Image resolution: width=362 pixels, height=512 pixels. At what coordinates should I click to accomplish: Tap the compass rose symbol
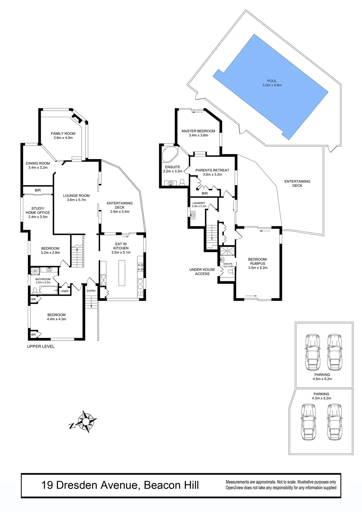click(85, 422)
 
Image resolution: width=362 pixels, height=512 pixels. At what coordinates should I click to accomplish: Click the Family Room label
click(63, 133)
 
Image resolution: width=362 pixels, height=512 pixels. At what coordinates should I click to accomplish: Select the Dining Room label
click(38, 163)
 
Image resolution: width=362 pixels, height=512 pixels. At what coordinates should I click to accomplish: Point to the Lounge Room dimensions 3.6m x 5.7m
click(76, 200)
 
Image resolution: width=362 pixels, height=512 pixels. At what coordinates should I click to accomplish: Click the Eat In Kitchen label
click(121, 246)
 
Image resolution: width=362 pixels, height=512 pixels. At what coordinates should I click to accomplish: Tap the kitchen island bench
click(122, 272)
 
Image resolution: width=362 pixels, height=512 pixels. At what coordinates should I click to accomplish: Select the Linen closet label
click(65, 291)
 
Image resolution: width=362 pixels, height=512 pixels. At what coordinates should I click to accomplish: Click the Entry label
click(91, 291)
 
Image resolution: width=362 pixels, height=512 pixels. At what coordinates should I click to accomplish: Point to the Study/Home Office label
click(38, 211)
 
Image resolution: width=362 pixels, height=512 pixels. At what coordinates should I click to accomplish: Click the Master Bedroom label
click(198, 131)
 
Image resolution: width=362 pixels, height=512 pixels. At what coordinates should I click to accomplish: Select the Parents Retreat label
click(212, 170)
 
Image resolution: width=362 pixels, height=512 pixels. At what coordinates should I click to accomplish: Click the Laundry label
click(199, 203)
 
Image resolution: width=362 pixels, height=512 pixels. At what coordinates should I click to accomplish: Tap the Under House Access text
click(202, 272)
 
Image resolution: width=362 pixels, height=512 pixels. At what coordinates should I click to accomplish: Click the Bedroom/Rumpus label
click(258, 261)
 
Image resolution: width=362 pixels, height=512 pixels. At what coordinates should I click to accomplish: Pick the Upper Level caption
click(41, 346)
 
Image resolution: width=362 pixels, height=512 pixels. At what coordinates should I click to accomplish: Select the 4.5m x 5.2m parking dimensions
click(322, 379)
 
